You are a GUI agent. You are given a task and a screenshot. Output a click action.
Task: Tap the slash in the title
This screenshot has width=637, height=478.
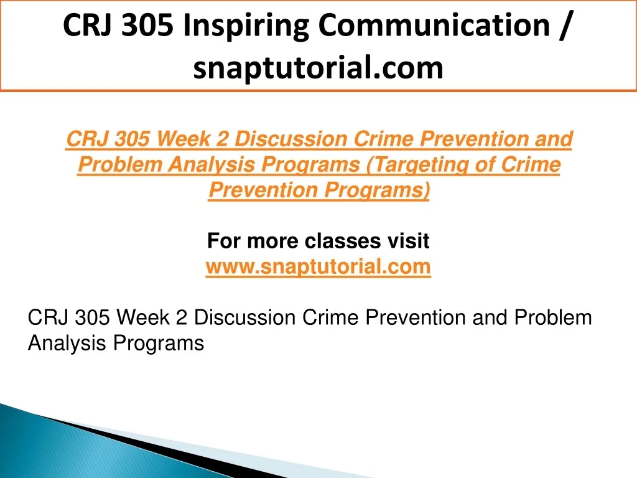(565, 26)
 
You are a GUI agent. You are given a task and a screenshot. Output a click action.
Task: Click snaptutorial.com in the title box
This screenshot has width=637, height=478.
(318, 68)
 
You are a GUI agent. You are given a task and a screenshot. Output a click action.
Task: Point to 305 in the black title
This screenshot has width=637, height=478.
(147, 25)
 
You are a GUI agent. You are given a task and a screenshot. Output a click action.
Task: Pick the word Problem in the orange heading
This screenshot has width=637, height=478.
(120, 164)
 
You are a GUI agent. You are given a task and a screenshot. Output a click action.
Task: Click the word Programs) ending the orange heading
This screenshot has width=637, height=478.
(377, 190)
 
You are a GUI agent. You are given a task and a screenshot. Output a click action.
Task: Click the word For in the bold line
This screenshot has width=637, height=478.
(224, 241)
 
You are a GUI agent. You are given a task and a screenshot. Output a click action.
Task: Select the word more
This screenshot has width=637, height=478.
(272, 241)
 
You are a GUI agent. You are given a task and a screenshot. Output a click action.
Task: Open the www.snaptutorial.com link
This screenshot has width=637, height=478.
(318, 266)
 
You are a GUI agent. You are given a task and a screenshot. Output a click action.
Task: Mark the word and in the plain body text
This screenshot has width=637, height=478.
(490, 317)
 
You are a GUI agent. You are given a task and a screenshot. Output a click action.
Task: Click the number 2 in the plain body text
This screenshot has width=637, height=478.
(182, 317)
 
